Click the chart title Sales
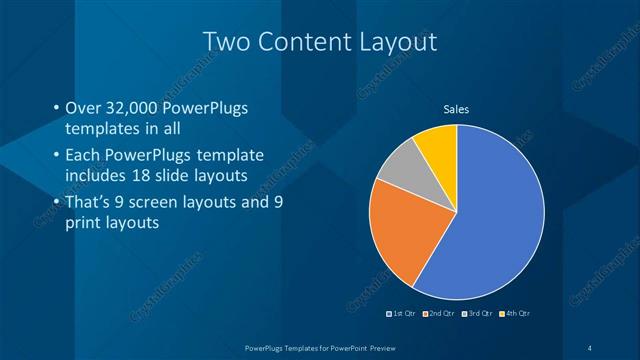coord(456,110)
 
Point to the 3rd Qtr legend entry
coord(476,313)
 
